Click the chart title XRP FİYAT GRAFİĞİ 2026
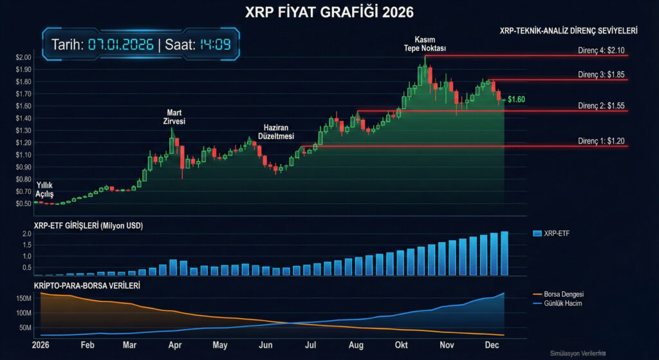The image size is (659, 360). tap(329, 12)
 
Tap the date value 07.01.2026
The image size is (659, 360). tap(121, 44)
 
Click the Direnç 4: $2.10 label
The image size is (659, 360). tap(602, 50)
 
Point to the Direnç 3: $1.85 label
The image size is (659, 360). tap(602, 75)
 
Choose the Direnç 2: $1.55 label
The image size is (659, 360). tap(602, 106)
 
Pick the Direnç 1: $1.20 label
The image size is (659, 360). tap(602, 140)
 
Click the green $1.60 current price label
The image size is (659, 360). tap(516, 100)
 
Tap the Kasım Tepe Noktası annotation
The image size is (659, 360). tap(424, 44)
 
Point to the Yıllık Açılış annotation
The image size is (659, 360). tap(44, 189)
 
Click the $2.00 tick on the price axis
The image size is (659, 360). tap(23, 57)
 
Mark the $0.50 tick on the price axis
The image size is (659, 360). tap(23, 203)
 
